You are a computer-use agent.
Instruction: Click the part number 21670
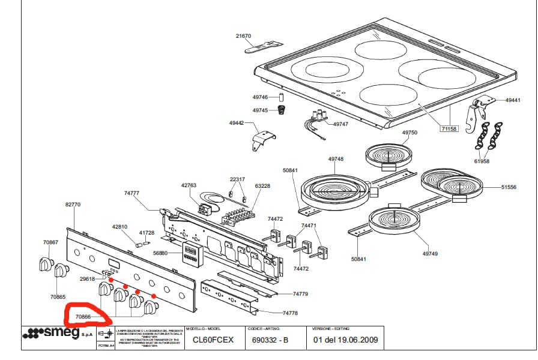point(243,36)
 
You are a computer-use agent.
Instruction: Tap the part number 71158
point(449,129)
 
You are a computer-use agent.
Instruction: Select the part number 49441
point(513,101)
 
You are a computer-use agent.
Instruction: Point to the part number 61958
point(482,161)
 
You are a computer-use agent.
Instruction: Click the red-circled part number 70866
point(83,316)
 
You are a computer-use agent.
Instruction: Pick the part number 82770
point(73,205)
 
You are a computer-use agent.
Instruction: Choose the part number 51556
point(509,187)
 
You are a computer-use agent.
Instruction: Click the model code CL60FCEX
point(213,340)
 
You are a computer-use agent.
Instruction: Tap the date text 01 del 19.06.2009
point(346,340)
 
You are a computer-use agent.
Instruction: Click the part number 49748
point(336,159)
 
